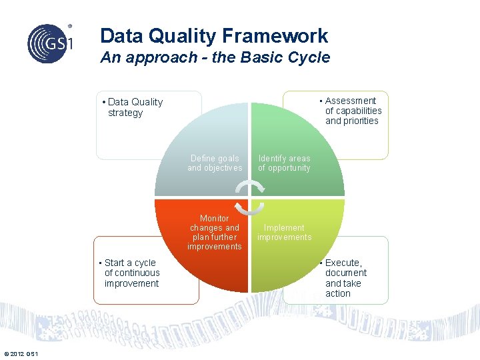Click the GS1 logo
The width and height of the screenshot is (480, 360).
(48, 43)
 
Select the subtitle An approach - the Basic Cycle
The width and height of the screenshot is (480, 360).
(215, 57)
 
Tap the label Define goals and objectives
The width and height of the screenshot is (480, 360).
(215, 163)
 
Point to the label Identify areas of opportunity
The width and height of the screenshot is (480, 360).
(284, 163)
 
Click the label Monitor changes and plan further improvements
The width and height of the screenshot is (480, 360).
(214, 233)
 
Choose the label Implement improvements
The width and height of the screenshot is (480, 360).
(284, 233)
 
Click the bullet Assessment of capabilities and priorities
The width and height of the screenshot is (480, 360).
(352, 111)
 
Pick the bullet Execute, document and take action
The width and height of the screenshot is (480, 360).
(345, 278)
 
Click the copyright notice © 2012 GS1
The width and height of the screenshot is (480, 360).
(21, 353)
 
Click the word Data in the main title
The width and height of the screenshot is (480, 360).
(121, 36)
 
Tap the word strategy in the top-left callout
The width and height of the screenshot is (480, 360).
(125, 113)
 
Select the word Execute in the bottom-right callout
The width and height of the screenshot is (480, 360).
(343, 263)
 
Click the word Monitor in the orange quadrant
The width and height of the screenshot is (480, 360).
(215, 219)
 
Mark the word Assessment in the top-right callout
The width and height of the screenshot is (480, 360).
(351, 101)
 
